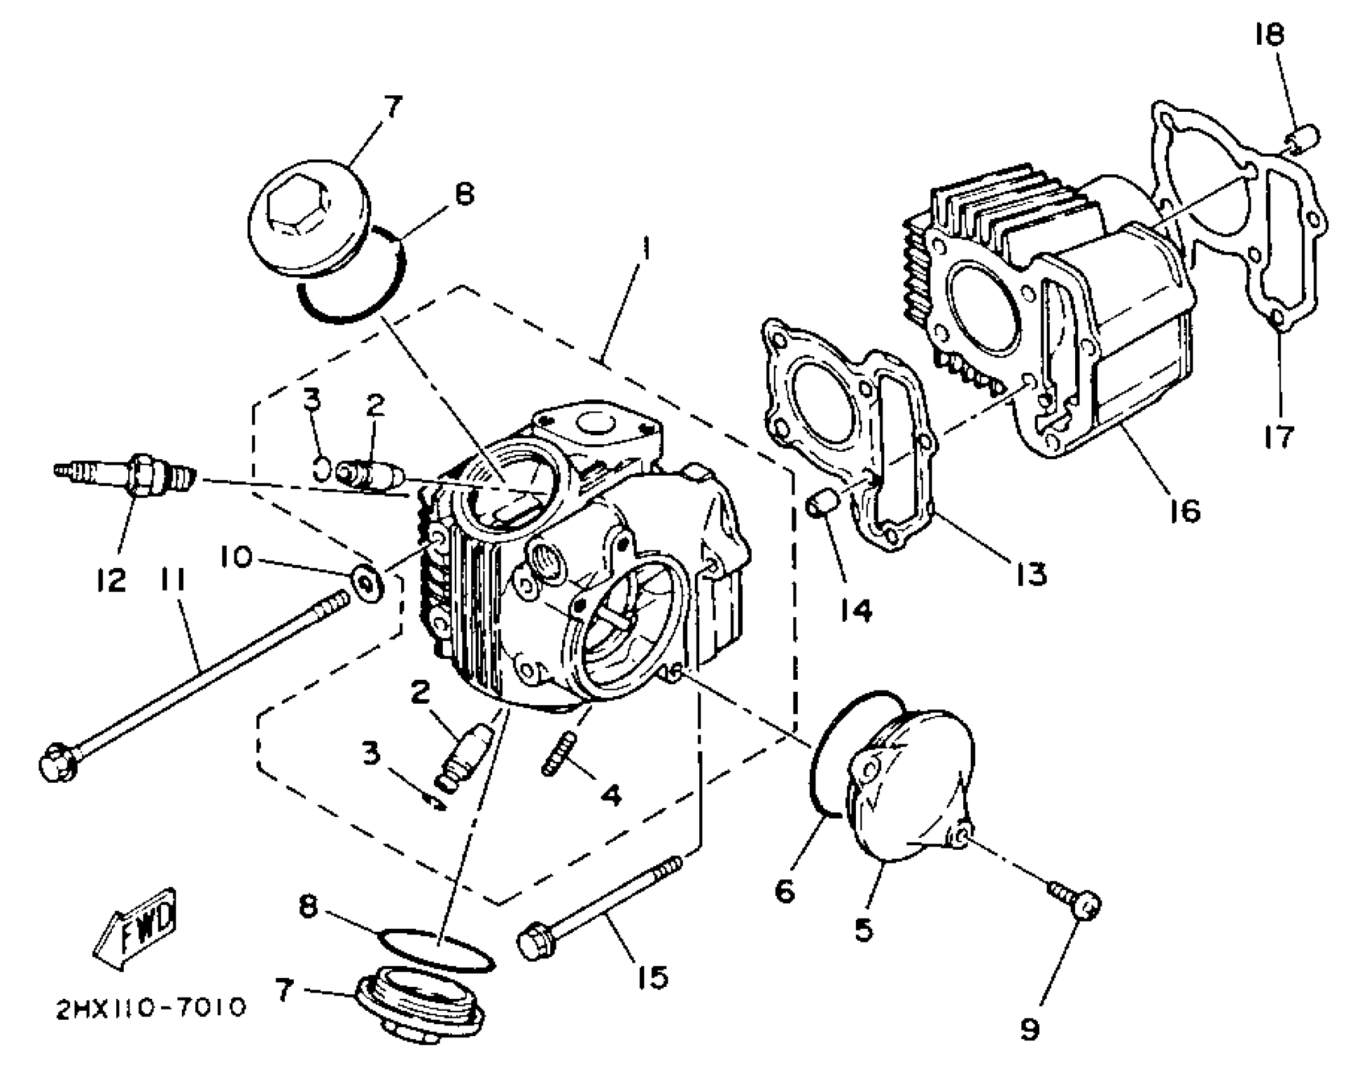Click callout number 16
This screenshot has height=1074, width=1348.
(x=1184, y=510)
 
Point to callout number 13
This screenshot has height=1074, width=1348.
(x=1030, y=574)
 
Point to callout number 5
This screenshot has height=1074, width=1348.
(x=864, y=929)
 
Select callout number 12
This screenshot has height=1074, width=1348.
(x=111, y=579)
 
